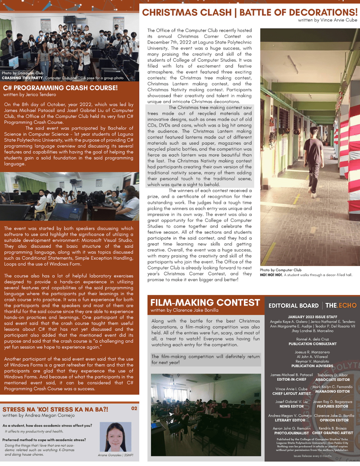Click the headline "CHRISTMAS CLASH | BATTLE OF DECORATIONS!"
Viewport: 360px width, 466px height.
pyautogui.click(x=250, y=12)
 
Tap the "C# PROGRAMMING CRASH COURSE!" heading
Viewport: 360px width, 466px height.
pyautogui.click(x=60, y=88)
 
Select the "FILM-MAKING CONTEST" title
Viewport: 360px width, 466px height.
pyautogui.click(x=205, y=302)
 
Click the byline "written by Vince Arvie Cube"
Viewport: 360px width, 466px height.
pyautogui.click(x=328, y=20)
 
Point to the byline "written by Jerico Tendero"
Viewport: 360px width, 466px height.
pyautogui.click(x=30, y=95)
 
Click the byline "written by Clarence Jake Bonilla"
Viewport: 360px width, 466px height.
pyautogui.click(x=184, y=310)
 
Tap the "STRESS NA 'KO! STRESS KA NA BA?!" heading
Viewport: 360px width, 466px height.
pyautogui.click(x=55, y=409)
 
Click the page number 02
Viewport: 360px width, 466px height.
pyautogui.click(x=134, y=408)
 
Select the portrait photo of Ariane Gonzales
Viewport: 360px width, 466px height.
pyautogui.click(x=116, y=437)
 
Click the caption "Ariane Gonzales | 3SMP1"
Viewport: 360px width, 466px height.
pyautogui.click(x=116, y=455)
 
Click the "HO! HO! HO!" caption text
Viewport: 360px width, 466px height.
pyautogui.click(x=271, y=275)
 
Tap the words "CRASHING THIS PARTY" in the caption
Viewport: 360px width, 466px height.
pyautogui.click(x=22, y=78)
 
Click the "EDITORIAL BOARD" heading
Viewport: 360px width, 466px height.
pyautogui.click(x=293, y=306)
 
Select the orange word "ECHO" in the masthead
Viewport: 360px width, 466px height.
pyautogui.click(x=348, y=306)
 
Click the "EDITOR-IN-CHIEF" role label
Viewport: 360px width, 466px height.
pyautogui.click(x=291, y=380)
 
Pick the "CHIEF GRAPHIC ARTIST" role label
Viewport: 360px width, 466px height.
pyautogui.click(x=332, y=433)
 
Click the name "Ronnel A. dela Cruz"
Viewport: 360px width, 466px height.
pyautogui.click(x=312, y=339)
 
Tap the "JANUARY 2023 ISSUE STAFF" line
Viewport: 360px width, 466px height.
pyautogui.click(x=312, y=317)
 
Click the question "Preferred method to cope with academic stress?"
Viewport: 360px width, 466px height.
pyautogui.click(x=44, y=440)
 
